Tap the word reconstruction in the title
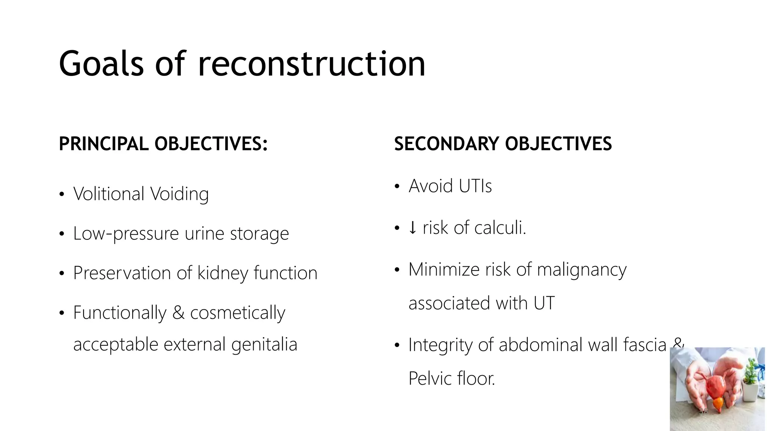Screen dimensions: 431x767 pyautogui.click(x=312, y=64)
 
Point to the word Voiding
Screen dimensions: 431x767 pyautogui.click(x=179, y=194)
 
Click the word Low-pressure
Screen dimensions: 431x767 pyautogui.click(x=126, y=234)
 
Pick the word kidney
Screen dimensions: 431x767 pyautogui.click(x=222, y=273)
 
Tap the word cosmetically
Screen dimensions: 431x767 pyautogui.click(x=237, y=313)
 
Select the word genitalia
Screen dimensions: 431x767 pyautogui.click(x=264, y=344)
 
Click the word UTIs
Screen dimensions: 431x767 pyautogui.click(x=475, y=186)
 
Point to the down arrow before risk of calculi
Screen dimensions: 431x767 pyautogui.click(x=412, y=227)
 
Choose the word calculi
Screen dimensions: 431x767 pyautogui.click(x=500, y=227)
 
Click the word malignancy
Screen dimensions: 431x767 pyautogui.click(x=582, y=270)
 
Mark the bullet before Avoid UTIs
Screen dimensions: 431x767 pyautogui.click(x=397, y=186)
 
